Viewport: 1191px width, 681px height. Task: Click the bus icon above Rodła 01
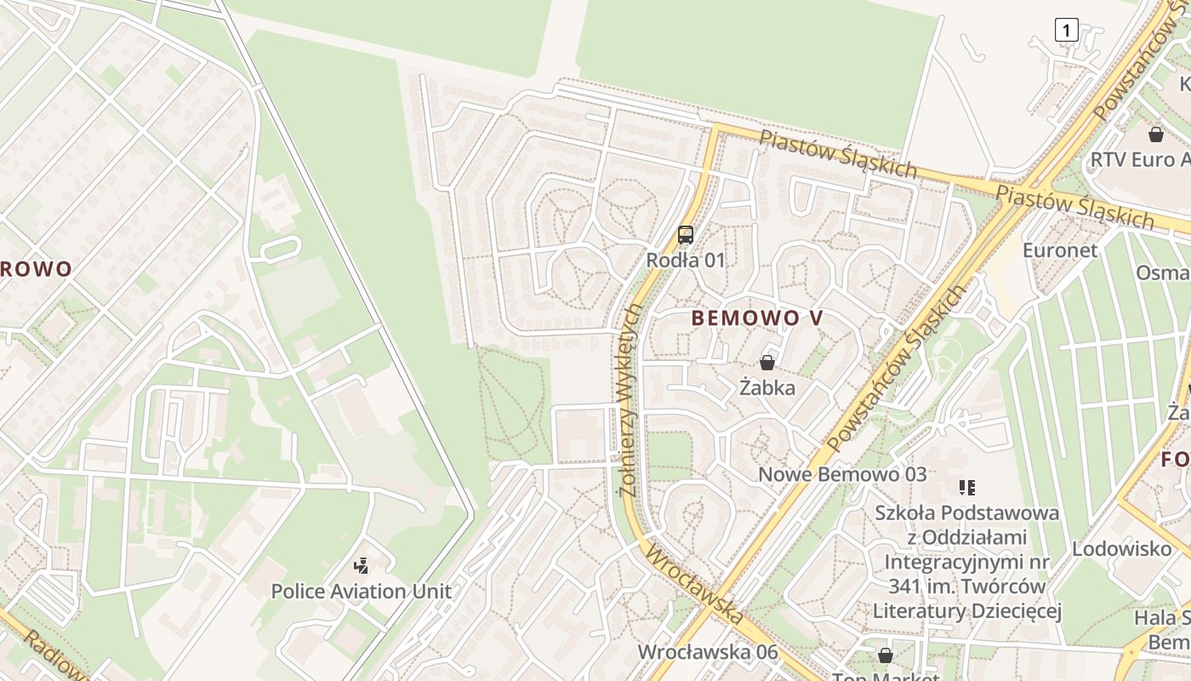[x=686, y=235]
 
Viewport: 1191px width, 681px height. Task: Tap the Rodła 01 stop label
[x=686, y=260]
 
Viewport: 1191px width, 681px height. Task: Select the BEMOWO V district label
[x=757, y=318]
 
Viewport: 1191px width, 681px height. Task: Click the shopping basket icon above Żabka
[x=767, y=363]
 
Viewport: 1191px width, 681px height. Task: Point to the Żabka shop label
[x=767, y=388]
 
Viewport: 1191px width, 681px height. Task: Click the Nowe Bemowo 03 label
[x=842, y=474]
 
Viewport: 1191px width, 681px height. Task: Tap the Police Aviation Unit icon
[x=362, y=565]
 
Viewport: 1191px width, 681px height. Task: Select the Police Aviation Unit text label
[x=362, y=591]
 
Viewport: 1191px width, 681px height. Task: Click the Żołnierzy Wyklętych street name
[x=631, y=400]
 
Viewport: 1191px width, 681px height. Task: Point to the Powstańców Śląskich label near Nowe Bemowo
[x=898, y=366]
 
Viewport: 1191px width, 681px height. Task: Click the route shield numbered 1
[x=1066, y=31]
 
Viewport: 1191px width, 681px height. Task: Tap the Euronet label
[x=1060, y=250]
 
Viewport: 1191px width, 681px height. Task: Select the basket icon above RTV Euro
[x=1155, y=134]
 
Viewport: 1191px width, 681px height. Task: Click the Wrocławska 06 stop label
[x=708, y=652]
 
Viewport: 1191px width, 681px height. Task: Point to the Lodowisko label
[x=1121, y=549]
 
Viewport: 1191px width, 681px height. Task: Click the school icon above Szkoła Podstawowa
[x=966, y=488]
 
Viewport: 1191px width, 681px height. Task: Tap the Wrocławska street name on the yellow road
[x=693, y=587]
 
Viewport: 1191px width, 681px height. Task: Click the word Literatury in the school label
[x=923, y=611]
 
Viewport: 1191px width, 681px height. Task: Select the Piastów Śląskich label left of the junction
[x=838, y=153]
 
